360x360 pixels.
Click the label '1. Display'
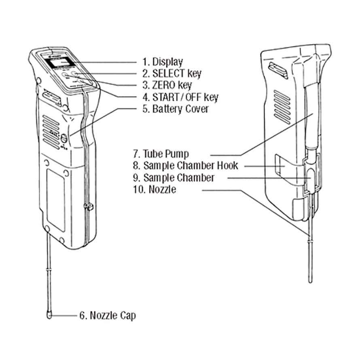[162, 62]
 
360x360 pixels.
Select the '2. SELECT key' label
[172, 74]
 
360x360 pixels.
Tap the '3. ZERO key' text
[167, 85]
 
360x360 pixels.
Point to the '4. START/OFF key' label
[180, 97]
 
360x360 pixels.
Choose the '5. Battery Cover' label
[175, 109]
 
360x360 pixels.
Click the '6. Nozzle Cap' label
[107, 315]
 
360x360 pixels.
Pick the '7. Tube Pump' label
[161, 154]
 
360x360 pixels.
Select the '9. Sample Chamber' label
[174, 178]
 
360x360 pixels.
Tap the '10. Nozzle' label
[154, 189]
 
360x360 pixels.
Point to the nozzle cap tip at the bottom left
[49, 315]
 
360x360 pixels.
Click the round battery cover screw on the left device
[64, 138]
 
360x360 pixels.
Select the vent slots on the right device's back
[282, 106]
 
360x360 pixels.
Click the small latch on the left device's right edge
[89, 207]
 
